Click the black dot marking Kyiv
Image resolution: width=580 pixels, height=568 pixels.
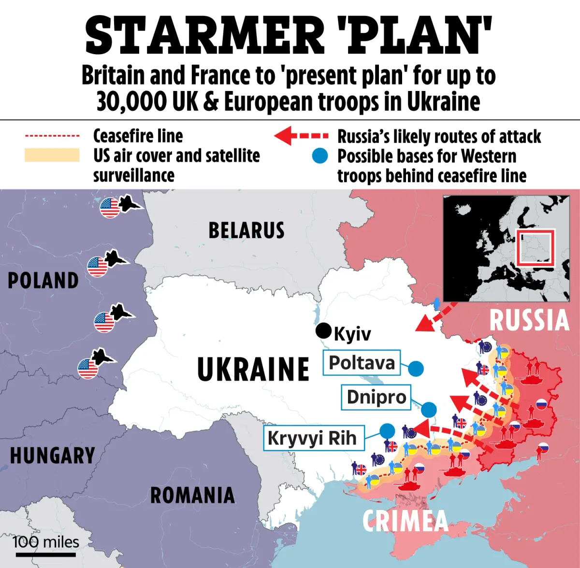323,331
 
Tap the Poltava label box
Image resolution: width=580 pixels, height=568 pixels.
362,363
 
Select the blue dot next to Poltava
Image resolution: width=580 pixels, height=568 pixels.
416,369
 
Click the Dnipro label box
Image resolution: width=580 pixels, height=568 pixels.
376,397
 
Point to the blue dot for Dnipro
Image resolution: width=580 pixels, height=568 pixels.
429,410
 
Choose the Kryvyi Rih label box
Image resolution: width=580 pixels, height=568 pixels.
312,438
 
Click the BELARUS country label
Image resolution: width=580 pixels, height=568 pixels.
246,230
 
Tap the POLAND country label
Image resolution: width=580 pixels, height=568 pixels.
43,281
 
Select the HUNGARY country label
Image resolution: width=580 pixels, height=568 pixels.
52,456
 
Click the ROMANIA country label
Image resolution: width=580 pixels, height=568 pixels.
192,495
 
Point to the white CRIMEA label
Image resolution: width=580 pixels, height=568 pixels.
405,521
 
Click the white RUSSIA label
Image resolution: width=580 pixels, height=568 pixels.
529,320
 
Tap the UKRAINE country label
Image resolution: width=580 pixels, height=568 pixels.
253,369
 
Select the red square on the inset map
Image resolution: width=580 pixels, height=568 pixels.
535,248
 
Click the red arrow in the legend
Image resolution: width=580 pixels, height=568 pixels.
301,136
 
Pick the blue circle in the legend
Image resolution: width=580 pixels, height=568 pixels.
319,156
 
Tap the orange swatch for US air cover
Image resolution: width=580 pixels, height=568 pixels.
52,155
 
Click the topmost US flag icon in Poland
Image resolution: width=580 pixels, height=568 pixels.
110,208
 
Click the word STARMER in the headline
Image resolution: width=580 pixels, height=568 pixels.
205,36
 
